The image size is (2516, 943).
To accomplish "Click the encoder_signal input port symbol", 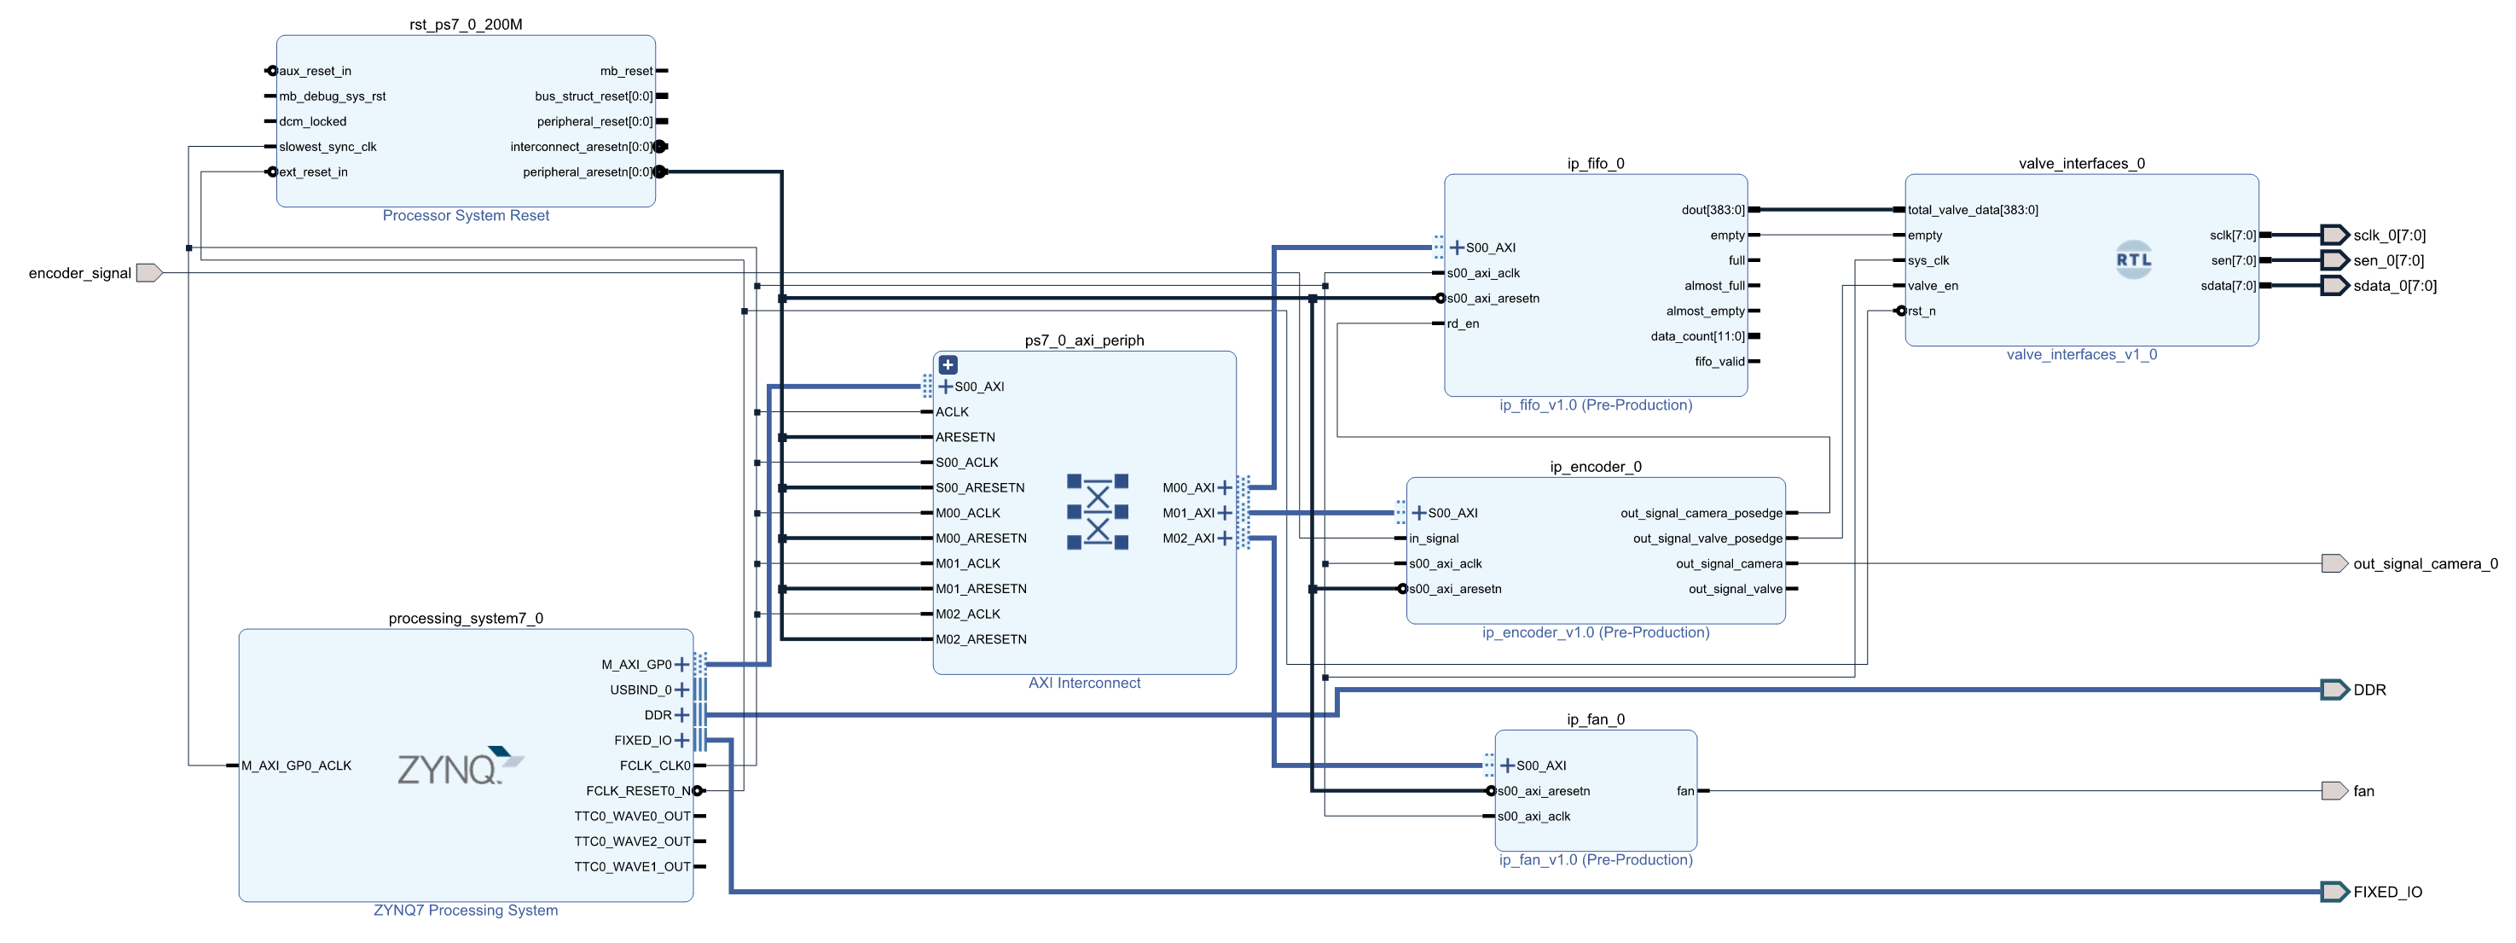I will click(148, 272).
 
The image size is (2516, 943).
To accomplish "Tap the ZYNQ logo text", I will click(449, 769).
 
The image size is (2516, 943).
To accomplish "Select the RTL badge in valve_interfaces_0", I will click(2133, 260).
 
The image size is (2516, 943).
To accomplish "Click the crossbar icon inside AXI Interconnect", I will click(1097, 512).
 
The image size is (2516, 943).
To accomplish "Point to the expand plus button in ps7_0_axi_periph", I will click(948, 364).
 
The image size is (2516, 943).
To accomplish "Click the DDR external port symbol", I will click(2334, 690).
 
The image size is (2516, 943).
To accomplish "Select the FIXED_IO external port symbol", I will click(2334, 891).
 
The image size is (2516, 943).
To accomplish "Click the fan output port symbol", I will click(2333, 790).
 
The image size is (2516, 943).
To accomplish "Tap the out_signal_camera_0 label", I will click(2424, 564).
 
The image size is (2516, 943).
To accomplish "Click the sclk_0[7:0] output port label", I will click(2389, 236).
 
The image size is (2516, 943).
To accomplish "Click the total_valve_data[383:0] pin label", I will click(1972, 210).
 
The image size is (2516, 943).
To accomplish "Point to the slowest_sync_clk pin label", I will click(328, 147).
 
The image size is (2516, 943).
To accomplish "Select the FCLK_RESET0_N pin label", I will click(638, 790).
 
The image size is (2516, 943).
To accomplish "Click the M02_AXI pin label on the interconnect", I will click(1188, 538).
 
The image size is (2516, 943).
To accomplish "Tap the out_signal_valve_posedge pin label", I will click(1707, 538).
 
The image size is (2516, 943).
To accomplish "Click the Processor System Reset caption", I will click(465, 215).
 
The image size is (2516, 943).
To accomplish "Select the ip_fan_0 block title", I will click(1595, 719).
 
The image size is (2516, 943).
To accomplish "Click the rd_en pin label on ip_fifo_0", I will click(1462, 323).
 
